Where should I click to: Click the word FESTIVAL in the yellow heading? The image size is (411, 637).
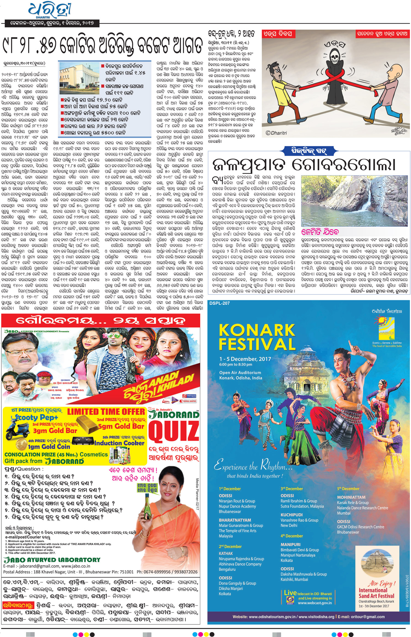pos(257,344)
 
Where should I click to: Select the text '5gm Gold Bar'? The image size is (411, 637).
pos(121,426)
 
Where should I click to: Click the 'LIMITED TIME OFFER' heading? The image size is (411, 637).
pos(106,412)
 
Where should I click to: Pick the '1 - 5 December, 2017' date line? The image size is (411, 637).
pos(245,359)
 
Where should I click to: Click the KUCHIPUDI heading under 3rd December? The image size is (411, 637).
pos(292,515)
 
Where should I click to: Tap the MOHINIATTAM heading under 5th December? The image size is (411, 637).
pos(351,497)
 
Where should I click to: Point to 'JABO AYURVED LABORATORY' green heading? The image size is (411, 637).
pos(52,559)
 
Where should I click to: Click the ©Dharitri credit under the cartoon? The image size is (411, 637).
pos(276,133)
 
